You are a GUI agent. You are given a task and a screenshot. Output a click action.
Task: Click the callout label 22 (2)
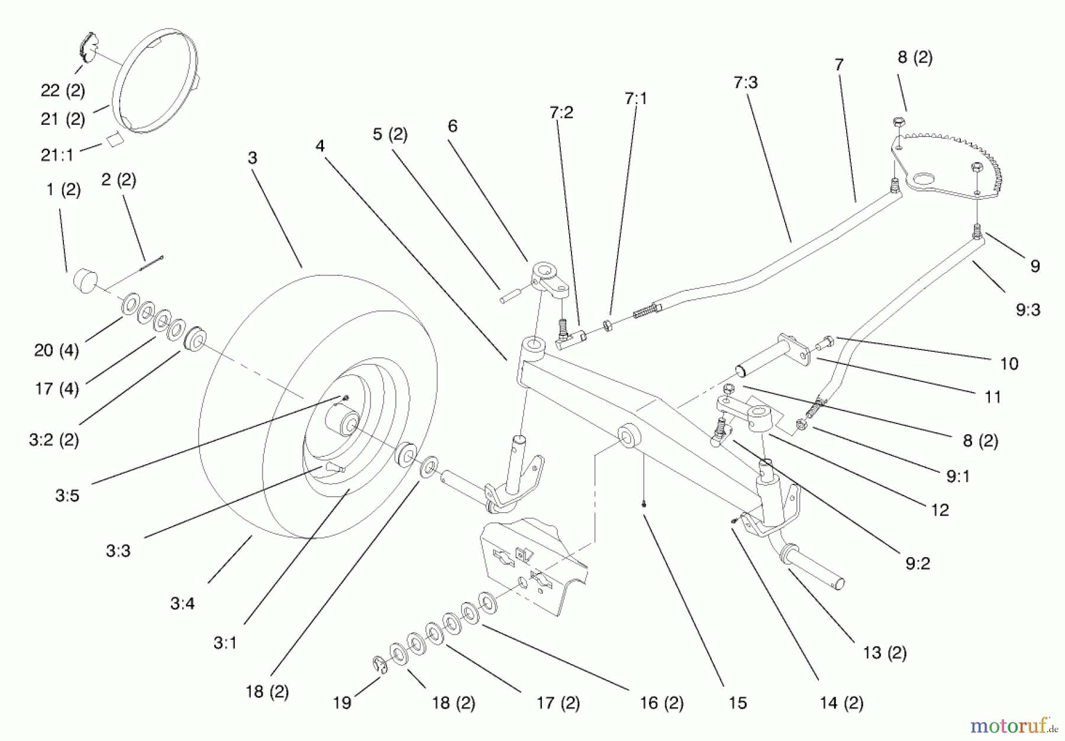(x=63, y=90)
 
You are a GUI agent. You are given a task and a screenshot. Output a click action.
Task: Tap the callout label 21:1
(x=57, y=155)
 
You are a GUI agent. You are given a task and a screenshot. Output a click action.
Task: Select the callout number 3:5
(x=67, y=496)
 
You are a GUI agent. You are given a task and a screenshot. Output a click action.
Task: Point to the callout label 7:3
(x=745, y=83)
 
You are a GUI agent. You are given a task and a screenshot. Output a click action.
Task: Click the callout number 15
(x=738, y=703)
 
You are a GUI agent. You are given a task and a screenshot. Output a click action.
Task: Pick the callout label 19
(x=342, y=703)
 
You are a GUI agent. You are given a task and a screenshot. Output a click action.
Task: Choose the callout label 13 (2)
(x=885, y=653)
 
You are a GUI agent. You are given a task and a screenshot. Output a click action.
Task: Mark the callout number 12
(x=940, y=510)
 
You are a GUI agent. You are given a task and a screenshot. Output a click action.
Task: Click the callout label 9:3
(x=1028, y=310)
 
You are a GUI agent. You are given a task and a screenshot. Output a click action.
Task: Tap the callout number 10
(x=1009, y=364)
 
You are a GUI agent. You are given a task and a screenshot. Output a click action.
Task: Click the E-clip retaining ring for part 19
(x=380, y=664)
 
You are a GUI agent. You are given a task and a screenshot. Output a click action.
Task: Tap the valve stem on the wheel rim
(x=333, y=468)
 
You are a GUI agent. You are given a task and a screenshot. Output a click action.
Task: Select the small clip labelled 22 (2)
(x=89, y=47)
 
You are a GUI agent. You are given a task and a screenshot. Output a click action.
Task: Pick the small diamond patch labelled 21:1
(x=113, y=140)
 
